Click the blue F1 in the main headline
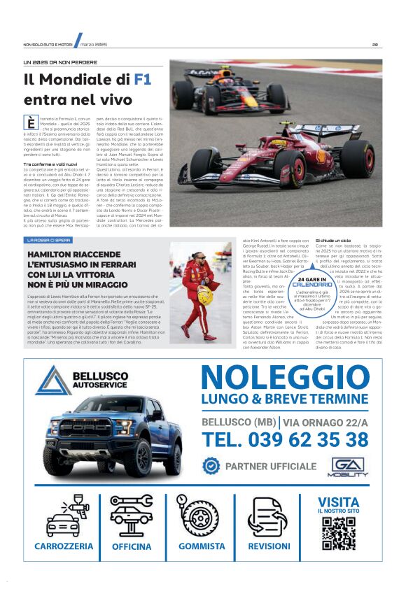(x=142, y=79)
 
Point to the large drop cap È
(x=29, y=122)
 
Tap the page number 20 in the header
(x=375, y=45)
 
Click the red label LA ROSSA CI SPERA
(x=48, y=240)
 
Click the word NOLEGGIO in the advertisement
(x=284, y=378)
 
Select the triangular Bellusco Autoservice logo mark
(x=50, y=379)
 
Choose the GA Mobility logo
(x=349, y=467)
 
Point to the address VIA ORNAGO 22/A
(x=325, y=422)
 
